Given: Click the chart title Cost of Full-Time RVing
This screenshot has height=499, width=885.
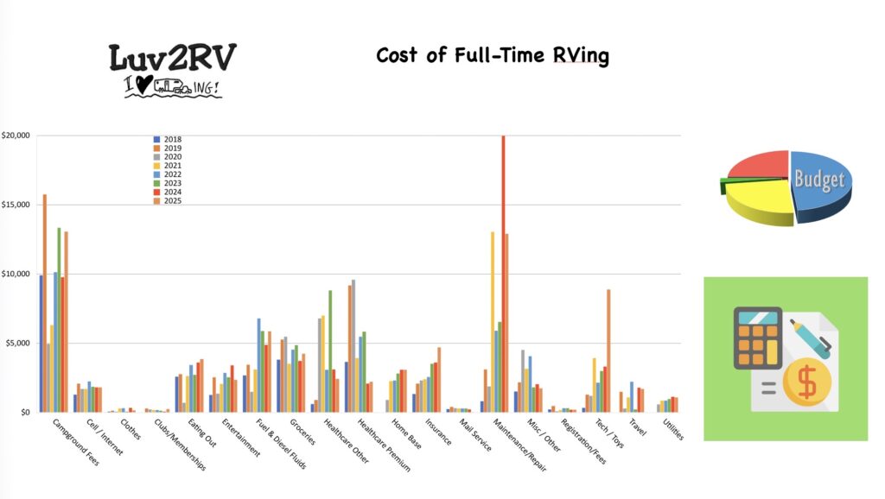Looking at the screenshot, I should tap(492, 56).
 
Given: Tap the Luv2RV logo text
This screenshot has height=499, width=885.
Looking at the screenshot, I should tap(172, 59).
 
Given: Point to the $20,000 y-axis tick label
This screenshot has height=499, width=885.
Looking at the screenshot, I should tap(16, 136).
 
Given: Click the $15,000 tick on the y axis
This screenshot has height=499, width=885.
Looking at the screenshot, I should tap(16, 205).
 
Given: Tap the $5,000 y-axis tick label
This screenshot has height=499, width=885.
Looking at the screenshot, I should tap(18, 343).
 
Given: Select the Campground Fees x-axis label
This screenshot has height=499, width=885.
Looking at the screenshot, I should tap(76, 443).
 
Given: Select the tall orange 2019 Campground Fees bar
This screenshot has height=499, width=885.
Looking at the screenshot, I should tap(45, 303).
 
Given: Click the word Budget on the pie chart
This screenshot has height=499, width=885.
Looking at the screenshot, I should tap(819, 179).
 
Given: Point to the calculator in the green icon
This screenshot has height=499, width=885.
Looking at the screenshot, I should tap(758, 338).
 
